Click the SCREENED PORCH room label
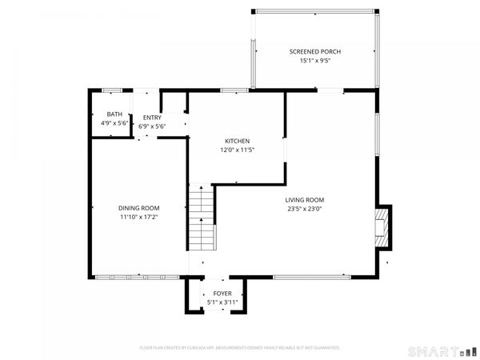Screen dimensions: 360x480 (x=314, y=51)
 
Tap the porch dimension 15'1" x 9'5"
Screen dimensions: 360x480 (x=314, y=60)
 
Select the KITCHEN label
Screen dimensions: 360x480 (x=237, y=141)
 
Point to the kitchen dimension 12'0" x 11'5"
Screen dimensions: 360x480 (x=237, y=150)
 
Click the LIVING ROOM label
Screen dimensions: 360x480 (x=305, y=200)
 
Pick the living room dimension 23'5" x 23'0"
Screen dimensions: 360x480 (x=305, y=209)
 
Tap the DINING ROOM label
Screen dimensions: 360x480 (x=140, y=207)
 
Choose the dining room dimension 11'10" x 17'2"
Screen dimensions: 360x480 (x=140, y=216)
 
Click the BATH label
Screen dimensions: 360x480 (x=114, y=114)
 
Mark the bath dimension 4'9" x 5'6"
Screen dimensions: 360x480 (x=114, y=124)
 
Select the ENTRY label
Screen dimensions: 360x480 (x=151, y=118)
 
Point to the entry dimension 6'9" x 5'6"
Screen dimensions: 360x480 (x=151, y=126)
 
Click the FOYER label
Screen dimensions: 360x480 (x=222, y=294)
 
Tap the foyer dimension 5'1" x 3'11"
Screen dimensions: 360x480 (x=222, y=302)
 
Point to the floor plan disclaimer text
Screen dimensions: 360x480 (x=240, y=348)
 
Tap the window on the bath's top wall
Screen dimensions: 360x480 (x=112, y=90)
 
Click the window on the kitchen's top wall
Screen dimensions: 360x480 (x=234, y=90)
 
